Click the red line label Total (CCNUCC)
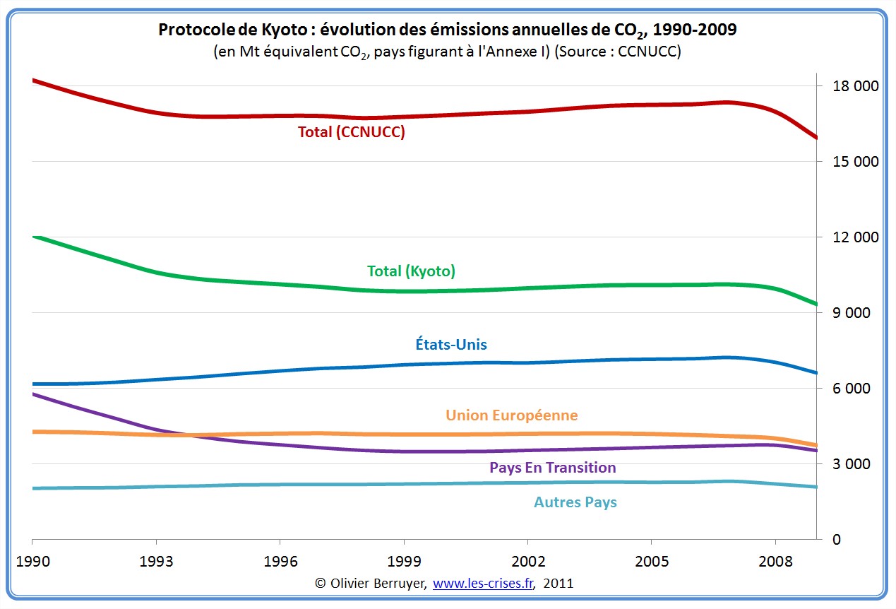pyautogui.click(x=351, y=132)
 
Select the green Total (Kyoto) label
pyautogui.click(x=411, y=271)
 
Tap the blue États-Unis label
pyautogui.click(x=451, y=345)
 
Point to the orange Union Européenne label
pyautogui.click(x=511, y=415)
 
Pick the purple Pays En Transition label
pyautogui.click(x=552, y=468)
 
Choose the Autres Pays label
pyautogui.click(x=575, y=502)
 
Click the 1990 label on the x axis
pyautogui.click(x=32, y=562)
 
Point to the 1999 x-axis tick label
pyautogui.click(x=404, y=562)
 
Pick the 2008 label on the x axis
pyautogui.click(x=775, y=562)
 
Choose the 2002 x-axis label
pyautogui.click(x=527, y=562)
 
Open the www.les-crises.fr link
pyautogui.click(x=483, y=584)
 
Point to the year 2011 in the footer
pyautogui.click(x=558, y=584)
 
